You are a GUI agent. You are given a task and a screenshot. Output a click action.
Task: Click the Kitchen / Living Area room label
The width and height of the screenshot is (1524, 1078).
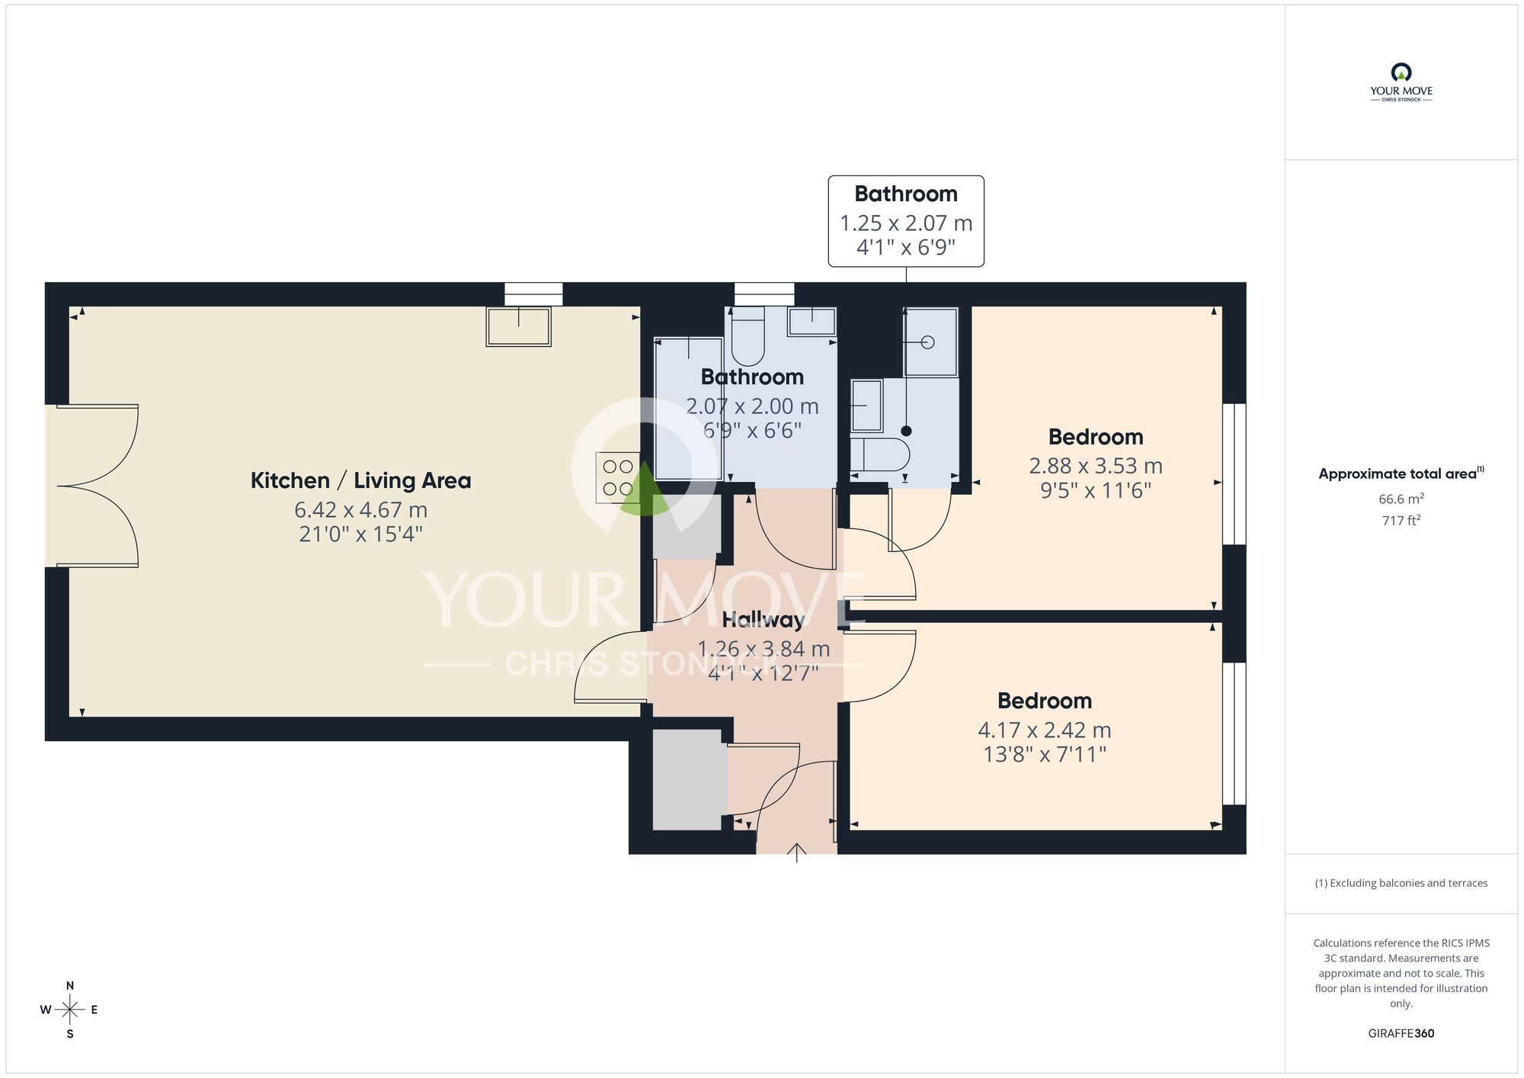(360, 481)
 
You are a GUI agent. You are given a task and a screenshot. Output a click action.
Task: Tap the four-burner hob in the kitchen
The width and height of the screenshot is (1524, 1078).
(617, 477)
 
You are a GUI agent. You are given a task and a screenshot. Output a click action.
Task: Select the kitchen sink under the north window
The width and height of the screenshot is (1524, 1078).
(518, 326)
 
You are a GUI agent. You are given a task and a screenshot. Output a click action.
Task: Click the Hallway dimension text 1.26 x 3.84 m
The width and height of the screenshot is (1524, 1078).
(764, 649)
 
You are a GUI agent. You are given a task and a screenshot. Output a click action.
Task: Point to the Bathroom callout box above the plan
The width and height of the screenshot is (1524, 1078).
(905, 221)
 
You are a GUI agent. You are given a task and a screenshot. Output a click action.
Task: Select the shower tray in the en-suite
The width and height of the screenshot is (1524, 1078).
(930, 343)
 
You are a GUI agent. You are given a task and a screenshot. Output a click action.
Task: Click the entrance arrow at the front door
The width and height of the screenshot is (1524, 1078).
(796, 852)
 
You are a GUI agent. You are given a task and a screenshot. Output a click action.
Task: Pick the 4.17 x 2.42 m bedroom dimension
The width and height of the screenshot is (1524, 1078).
(1044, 730)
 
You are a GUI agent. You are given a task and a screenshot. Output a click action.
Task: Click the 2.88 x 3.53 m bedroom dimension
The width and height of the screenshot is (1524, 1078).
(1095, 466)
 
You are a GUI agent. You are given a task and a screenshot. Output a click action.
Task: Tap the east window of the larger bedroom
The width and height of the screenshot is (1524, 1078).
(1234, 473)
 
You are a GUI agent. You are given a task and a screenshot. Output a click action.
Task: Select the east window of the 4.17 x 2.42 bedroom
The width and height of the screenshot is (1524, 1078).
(1234, 733)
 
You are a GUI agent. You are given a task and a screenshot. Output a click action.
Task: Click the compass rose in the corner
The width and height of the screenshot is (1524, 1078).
(70, 1010)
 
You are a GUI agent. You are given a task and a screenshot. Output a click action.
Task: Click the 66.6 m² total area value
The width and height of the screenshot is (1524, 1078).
(1401, 499)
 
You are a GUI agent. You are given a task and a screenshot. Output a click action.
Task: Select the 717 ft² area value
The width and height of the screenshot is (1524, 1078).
(1401, 521)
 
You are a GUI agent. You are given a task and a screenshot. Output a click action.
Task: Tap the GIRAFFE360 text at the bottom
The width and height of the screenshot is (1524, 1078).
(1401, 1034)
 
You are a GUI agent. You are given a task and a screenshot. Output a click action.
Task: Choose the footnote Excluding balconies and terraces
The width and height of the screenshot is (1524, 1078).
(1401, 883)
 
